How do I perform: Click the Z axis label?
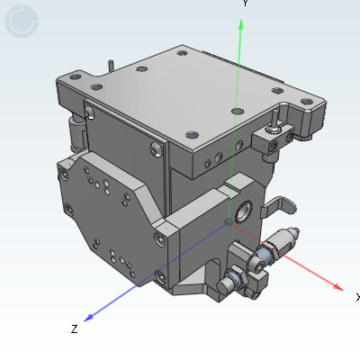(x=74, y=329)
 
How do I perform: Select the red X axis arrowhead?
(x=337, y=287)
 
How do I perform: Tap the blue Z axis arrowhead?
(x=88, y=317)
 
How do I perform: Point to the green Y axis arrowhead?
(x=239, y=27)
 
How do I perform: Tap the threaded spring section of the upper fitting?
(x=268, y=255)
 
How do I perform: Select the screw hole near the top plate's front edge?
(x=192, y=132)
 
